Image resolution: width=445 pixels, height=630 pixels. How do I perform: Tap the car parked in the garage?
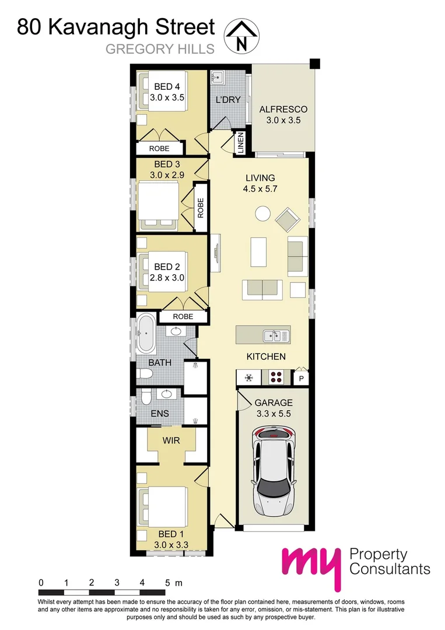coord(274,469)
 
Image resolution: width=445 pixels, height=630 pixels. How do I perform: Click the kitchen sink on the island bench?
coord(275,335)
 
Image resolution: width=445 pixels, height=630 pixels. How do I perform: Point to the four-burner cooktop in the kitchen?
coord(276,377)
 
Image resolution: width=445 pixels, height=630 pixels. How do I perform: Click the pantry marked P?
coord(302,379)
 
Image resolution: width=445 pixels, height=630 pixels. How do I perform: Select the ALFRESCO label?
coord(283,109)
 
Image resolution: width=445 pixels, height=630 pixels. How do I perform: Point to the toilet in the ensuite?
coord(146,398)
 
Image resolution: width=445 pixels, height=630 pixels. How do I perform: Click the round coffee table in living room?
coord(262,215)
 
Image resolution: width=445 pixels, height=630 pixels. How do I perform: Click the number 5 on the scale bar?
coord(168,582)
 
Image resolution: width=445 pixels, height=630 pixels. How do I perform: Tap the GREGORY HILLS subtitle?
coord(160,50)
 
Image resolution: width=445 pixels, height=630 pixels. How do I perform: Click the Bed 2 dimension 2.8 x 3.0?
coord(167,278)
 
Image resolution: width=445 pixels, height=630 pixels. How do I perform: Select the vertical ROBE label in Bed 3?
coord(200,208)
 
